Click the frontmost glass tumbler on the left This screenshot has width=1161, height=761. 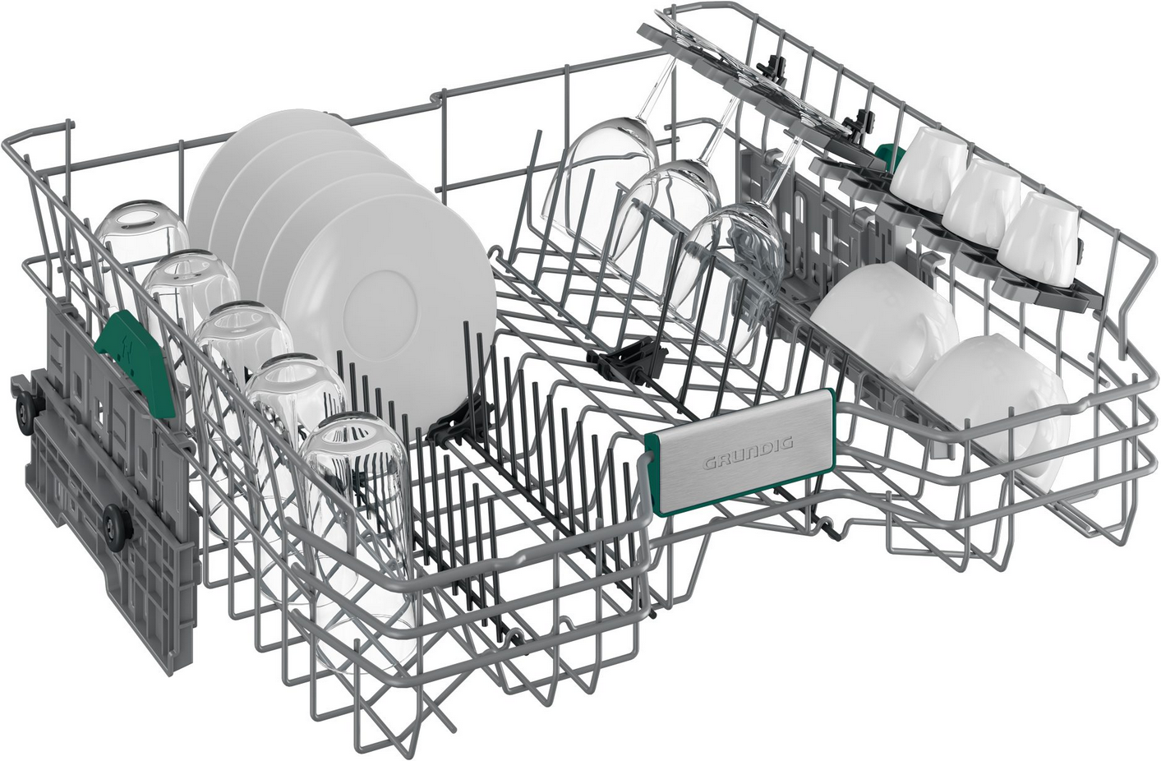[x=357, y=523]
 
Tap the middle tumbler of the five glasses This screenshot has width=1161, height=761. [x=243, y=353]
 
